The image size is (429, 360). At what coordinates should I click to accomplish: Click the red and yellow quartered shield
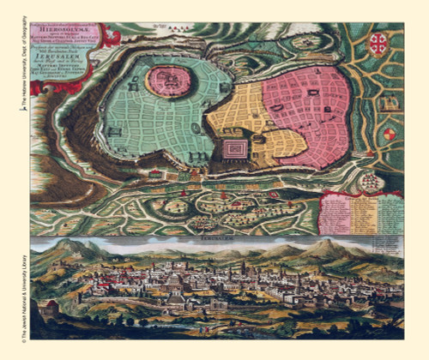(x=390, y=135)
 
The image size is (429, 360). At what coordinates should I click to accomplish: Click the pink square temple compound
(x=234, y=151)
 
